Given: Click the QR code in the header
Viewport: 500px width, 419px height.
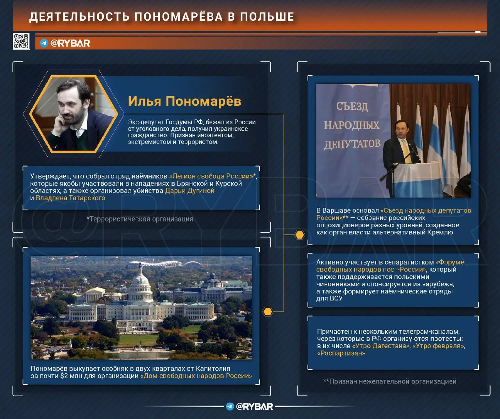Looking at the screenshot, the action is pyautogui.click(x=21, y=41).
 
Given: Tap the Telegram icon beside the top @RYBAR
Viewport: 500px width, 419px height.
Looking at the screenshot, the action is pyautogui.click(x=44, y=43).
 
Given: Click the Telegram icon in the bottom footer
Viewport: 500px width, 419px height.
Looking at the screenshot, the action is pyautogui.click(x=230, y=406).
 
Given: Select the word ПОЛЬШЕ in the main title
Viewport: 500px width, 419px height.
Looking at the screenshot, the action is pyautogui.click(x=267, y=17).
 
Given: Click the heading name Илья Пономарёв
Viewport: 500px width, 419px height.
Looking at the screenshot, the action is pyautogui.click(x=185, y=101).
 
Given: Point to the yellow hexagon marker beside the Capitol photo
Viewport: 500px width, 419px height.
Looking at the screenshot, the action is pyautogui.click(x=268, y=311).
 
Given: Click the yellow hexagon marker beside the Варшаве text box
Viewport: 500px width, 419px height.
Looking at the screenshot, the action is pyautogui.click(x=300, y=235).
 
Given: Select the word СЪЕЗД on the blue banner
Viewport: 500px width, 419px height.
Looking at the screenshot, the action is pyautogui.click(x=352, y=106).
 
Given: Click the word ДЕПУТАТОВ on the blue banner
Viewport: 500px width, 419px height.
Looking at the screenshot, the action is pyautogui.click(x=352, y=144).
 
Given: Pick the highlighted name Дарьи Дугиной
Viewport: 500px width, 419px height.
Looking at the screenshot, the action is pyautogui.click(x=190, y=191).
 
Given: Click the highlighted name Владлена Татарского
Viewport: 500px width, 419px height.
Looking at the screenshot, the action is pyautogui.click(x=70, y=198).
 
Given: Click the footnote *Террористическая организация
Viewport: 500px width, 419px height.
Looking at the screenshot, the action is pyautogui.click(x=140, y=219).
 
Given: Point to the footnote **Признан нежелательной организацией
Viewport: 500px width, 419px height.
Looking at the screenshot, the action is pyautogui.click(x=390, y=381).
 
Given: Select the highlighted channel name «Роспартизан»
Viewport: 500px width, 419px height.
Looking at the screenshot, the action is pyautogui.click(x=341, y=353).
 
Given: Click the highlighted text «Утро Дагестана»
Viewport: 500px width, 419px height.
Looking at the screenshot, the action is pyautogui.click(x=381, y=346).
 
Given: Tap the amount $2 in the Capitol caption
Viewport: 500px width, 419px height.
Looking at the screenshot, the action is pyautogui.click(x=64, y=376).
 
